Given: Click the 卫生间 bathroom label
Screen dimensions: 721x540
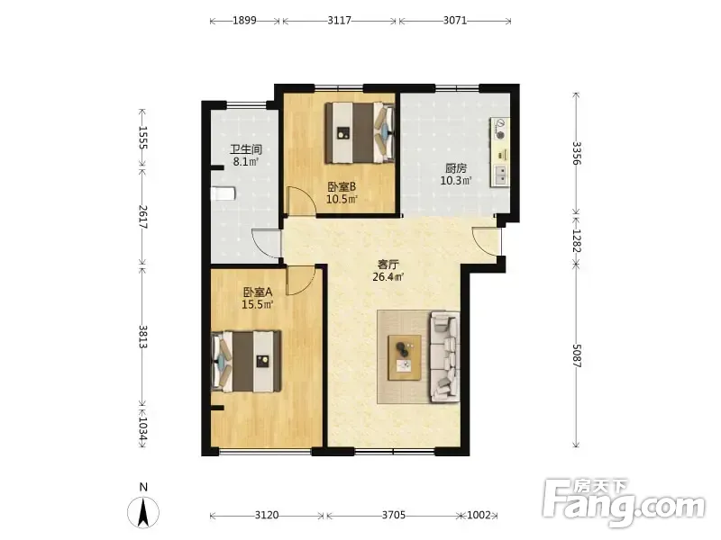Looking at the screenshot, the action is [246, 149].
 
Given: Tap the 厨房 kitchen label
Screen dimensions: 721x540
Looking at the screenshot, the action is [456, 168].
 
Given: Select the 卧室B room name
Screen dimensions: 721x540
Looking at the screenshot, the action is [342, 187].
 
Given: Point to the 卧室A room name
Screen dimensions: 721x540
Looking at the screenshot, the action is [258, 292].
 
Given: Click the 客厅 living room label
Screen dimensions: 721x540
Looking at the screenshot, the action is [388, 265].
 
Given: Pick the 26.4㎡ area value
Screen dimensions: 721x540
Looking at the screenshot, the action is [388, 277].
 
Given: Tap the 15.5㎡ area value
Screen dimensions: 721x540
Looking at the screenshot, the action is [258, 304].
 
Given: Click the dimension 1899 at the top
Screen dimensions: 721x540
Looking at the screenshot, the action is [244, 21].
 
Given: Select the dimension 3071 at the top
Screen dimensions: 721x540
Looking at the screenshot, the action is [455, 21].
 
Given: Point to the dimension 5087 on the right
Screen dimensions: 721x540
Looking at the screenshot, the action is [577, 355].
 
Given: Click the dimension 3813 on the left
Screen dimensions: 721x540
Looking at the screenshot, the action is [143, 337].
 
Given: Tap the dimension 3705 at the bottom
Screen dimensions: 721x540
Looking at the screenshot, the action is [394, 515].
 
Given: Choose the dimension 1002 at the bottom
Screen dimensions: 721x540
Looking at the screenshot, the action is [479, 515].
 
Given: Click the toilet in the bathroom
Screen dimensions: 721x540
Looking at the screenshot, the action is [223, 193].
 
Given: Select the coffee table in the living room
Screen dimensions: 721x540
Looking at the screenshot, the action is [405, 357].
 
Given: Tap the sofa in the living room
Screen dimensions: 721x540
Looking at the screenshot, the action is [444, 357].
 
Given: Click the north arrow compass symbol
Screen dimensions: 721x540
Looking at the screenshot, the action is [143, 511].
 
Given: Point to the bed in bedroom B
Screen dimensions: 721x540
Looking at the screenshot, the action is [360, 132].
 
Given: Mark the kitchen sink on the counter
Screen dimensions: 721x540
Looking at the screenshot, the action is [501, 175].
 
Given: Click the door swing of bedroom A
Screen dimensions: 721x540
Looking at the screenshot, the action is [301, 280].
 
